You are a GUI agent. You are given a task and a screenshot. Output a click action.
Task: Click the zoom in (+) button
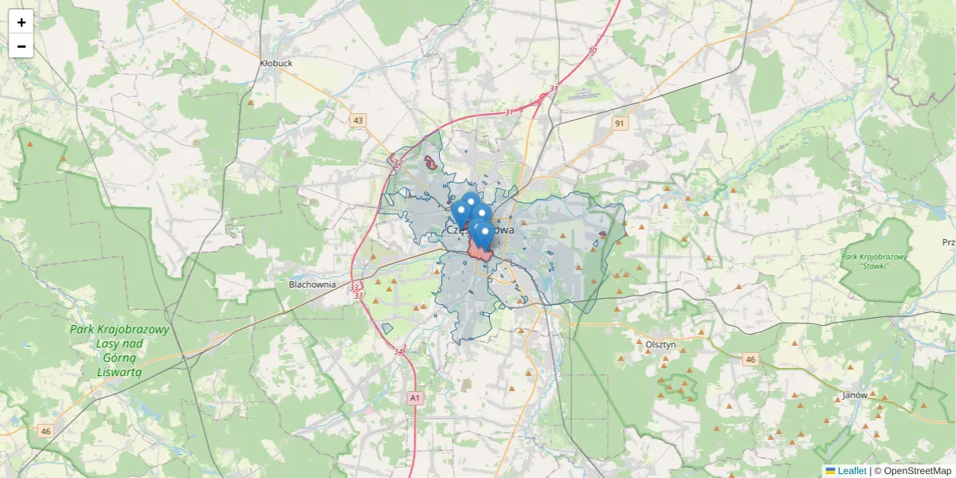pyautogui.click(x=22, y=22)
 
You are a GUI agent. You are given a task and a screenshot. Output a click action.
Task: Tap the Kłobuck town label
pyautogui.click(x=276, y=62)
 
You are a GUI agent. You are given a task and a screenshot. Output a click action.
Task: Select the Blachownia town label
pyautogui.click(x=312, y=284)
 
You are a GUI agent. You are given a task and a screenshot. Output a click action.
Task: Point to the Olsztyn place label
pyautogui.click(x=660, y=344)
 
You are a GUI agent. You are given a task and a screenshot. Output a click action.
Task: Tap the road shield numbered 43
pyautogui.click(x=358, y=120)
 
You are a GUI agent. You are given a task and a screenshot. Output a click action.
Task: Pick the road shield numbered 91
pyautogui.click(x=620, y=123)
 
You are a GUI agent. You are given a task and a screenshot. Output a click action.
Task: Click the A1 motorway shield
pyautogui.click(x=414, y=397)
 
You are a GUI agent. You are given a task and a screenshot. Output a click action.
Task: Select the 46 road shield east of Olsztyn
pyautogui.click(x=750, y=360)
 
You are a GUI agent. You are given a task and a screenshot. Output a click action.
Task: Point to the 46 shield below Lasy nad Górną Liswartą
pyautogui.click(x=45, y=431)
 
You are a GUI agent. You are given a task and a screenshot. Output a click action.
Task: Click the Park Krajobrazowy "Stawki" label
pyautogui.click(x=874, y=261)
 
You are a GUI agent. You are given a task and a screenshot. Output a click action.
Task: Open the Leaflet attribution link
pyautogui.click(x=851, y=471)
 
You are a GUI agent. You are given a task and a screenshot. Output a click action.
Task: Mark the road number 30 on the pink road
pyautogui.click(x=591, y=51)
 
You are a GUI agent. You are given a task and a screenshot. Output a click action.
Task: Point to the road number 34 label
pyautogui.click(x=398, y=351)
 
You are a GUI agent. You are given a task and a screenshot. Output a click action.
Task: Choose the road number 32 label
pyautogui.click(x=398, y=163)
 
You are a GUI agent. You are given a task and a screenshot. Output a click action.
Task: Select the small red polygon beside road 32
pyautogui.click(x=431, y=163)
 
